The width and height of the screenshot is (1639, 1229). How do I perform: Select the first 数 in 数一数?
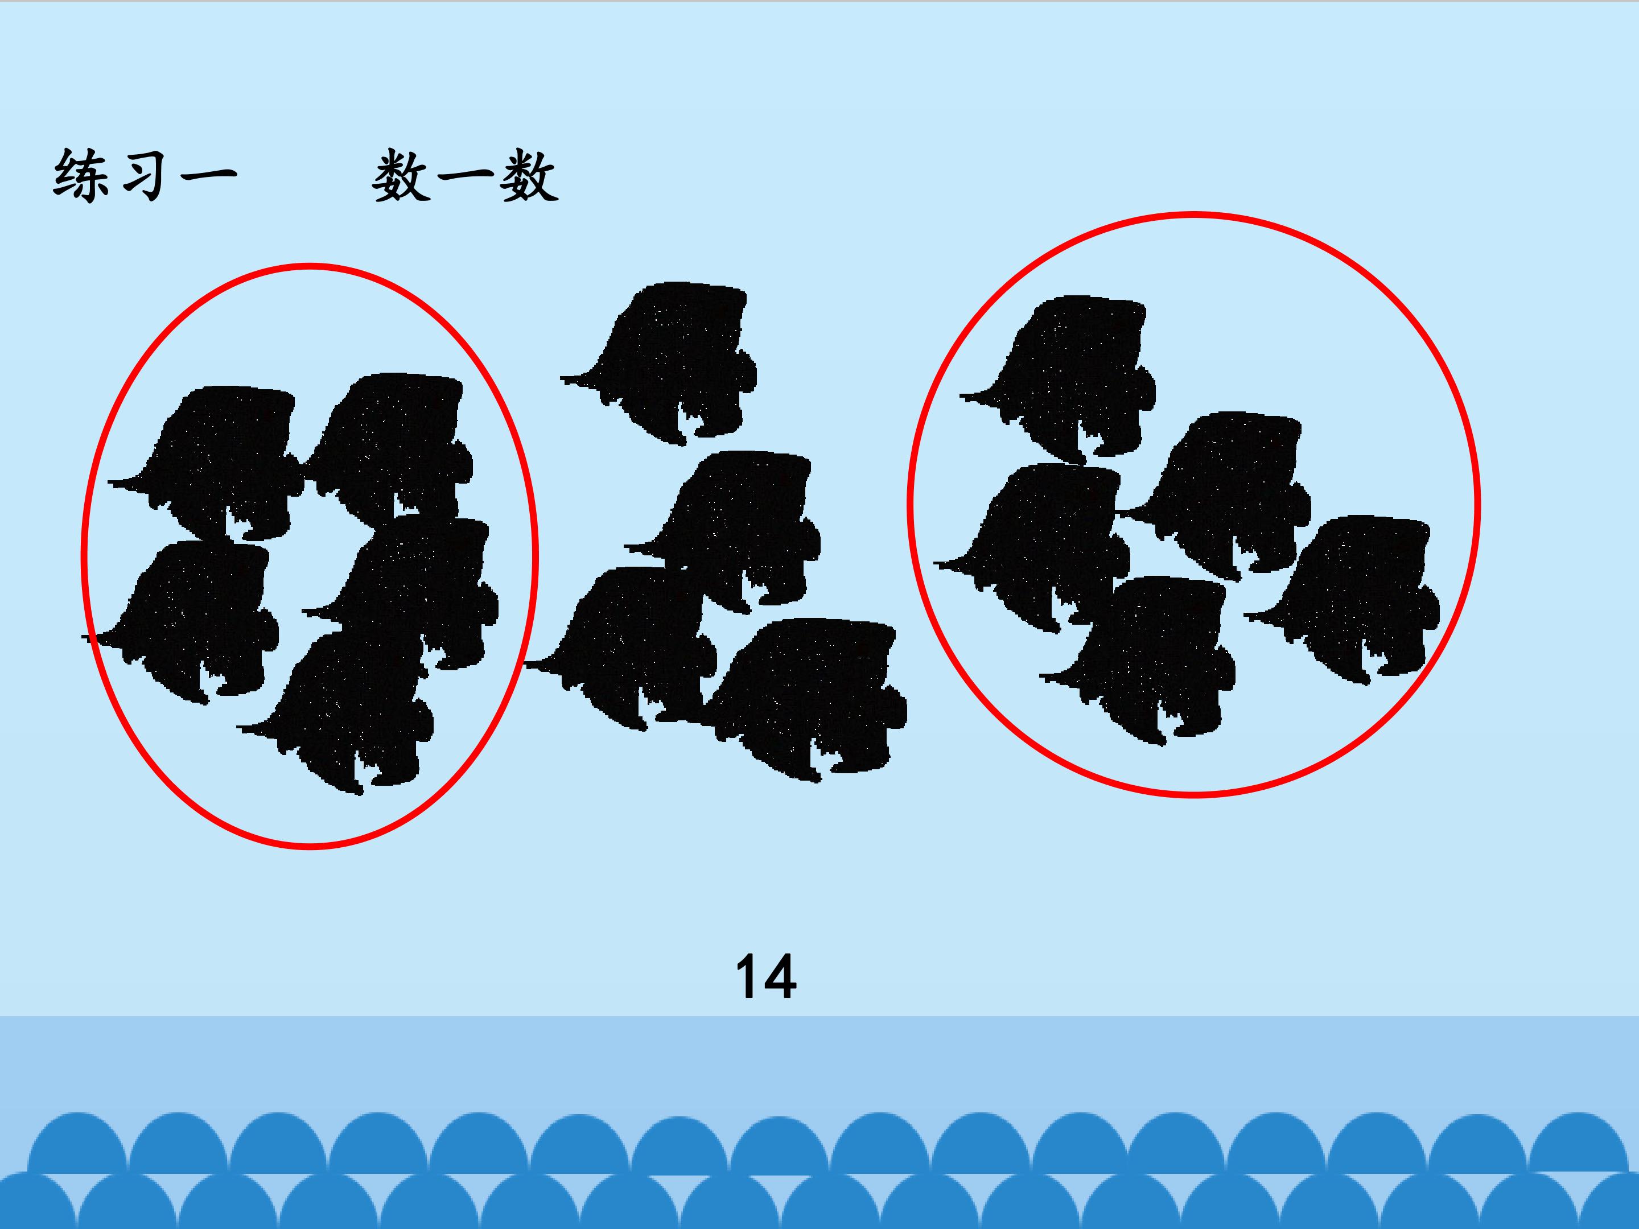click(x=401, y=177)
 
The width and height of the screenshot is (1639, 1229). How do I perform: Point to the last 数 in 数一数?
click(x=528, y=177)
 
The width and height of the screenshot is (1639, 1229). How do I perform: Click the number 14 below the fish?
click(x=766, y=977)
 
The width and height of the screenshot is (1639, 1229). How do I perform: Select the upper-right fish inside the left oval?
click(x=393, y=444)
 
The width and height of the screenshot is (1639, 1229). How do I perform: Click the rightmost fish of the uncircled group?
click(x=808, y=696)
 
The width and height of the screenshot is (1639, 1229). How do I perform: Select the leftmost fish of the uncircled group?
click(x=623, y=645)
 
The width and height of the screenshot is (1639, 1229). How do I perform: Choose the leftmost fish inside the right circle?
click(x=1037, y=545)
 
